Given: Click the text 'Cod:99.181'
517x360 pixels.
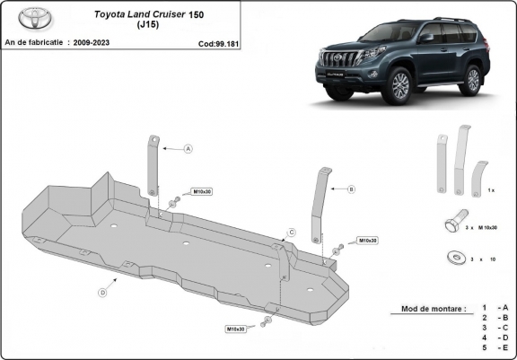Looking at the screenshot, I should click(x=218, y=42).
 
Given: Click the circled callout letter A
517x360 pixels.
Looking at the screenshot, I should click(x=188, y=148).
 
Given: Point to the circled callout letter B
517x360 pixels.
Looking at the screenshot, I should click(x=351, y=189).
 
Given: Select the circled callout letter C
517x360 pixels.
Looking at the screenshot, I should click(x=291, y=233).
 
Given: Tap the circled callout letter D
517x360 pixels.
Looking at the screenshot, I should click(x=102, y=292).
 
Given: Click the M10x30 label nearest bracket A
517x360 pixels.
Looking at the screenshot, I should click(x=201, y=192).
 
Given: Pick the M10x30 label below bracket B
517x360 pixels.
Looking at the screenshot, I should click(x=367, y=241).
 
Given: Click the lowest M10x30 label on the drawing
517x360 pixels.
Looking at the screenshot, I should click(x=236, y=329).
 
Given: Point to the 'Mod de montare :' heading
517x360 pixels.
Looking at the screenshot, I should click(x=427, y=309).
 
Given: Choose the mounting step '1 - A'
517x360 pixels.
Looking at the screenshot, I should click(x=494, y=308).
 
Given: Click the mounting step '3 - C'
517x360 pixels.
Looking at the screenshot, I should click(x=494, y=329).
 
